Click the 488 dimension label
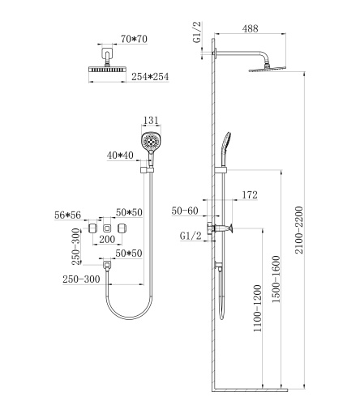250,28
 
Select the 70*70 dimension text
134,39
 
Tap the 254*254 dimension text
150,77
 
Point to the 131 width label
151,120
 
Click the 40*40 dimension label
120,156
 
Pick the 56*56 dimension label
68,215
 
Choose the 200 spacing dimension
107,239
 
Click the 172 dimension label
250,194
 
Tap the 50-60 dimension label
185,211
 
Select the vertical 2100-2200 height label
299,230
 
